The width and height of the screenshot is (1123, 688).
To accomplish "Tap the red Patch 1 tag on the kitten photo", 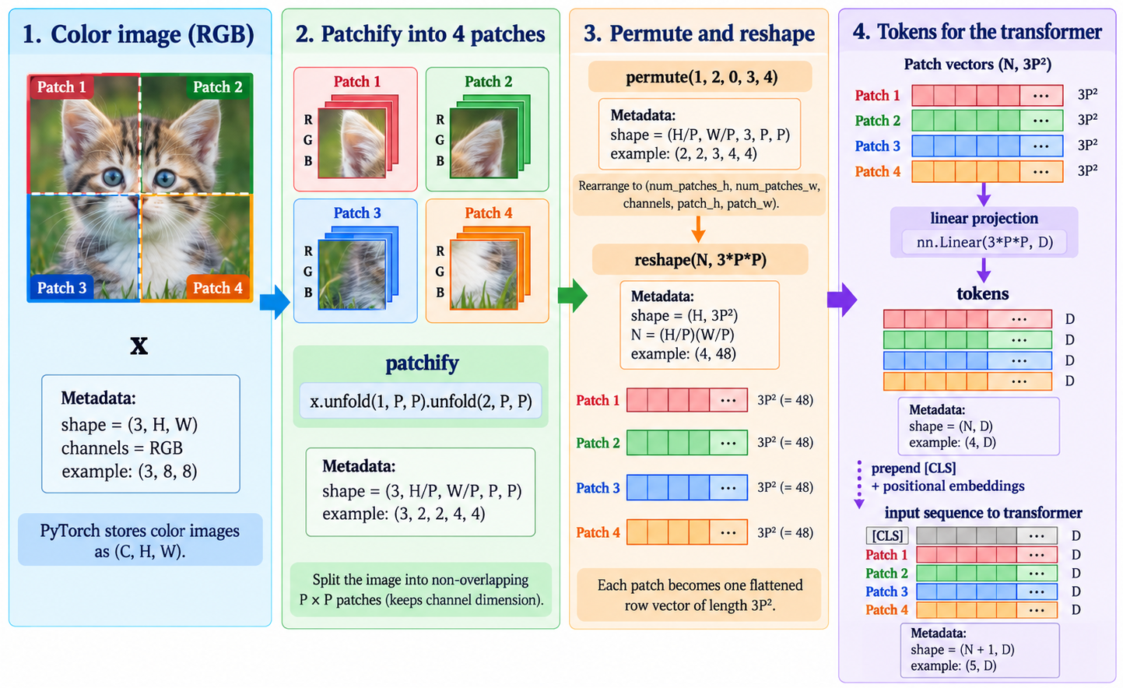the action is (61, 86).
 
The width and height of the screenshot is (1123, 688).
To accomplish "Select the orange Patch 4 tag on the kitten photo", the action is (218, 287).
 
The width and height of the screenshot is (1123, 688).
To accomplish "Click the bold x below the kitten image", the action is (139, 346).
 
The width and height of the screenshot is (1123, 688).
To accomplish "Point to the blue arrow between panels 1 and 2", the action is (275, 302).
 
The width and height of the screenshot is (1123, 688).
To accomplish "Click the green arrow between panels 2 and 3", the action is (573, 296).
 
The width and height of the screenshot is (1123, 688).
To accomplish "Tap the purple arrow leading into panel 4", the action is (842, 300).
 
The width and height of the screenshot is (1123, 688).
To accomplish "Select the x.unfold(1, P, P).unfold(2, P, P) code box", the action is (420, 401).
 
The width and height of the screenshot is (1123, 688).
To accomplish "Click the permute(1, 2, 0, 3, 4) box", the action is (700, 77).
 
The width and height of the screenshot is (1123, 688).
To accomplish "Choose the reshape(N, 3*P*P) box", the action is (700, 260).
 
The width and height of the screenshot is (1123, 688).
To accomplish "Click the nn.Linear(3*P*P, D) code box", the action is (984, 243).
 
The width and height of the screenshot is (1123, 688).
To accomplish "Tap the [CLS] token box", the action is (887, 535).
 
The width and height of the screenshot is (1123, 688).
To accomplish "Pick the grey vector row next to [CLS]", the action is (987, 535).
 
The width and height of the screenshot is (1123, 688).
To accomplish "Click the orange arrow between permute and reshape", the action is (698, 229).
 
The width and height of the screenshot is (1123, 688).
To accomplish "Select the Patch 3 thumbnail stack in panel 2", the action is (358, 268).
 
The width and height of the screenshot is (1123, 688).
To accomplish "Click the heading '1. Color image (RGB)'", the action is (139, 34).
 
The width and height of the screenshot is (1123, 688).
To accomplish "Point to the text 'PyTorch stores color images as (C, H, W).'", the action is (140, 541).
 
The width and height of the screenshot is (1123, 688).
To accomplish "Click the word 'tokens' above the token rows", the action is (983, 293).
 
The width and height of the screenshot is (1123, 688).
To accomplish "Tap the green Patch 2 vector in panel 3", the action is (687, 442).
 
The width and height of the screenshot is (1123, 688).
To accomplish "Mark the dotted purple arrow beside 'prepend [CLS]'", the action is (859, 484).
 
